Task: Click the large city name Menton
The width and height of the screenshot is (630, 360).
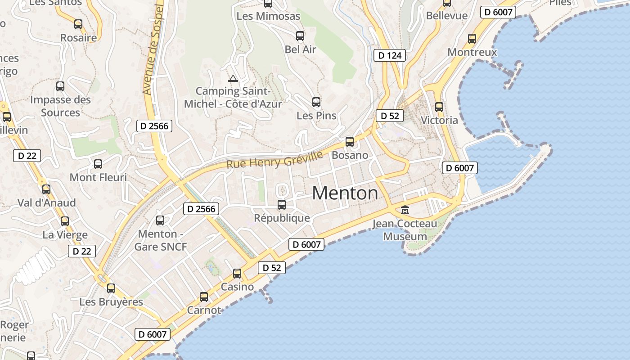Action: [345, 193]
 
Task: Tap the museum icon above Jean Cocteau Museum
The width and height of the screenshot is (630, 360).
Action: [405, 210]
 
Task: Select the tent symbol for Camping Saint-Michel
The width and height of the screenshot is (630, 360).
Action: [233, 79]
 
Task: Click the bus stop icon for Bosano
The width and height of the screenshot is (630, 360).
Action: [350, 142]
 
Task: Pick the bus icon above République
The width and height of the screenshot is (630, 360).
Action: [282, 205]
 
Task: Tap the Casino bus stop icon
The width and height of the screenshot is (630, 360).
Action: [237, 274]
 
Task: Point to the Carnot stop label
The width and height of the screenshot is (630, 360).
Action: [204, 310]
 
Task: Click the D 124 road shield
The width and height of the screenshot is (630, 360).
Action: [390, 55]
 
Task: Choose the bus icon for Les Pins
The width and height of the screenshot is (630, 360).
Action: [316, 102]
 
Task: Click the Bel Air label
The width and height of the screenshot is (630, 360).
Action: [301, 49]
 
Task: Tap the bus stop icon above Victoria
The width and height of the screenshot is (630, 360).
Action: [439, 107]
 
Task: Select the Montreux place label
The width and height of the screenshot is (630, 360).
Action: [472, 52]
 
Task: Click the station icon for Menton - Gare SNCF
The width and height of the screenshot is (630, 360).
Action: [160, 220]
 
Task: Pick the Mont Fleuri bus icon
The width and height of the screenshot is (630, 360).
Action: [98, 164]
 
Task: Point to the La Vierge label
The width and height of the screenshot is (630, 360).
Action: [65, 234]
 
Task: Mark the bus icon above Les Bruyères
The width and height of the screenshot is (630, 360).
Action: [111, 288]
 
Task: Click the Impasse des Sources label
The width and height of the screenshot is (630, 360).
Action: [60, 106]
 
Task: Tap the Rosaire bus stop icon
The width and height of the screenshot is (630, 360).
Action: [78, 24]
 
